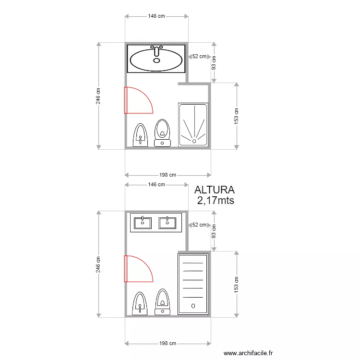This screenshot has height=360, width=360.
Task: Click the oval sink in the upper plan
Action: pyautogui.click(x=156, y=60)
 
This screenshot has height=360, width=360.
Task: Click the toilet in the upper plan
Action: pyautogui.click(x=162, y=133)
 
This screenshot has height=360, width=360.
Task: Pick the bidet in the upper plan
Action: pyautogui.click(x=140, y=135)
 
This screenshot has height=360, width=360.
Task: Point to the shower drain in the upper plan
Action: pyautogui.click(x=194, y=141)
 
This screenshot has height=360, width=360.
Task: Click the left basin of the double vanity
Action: pyautogui.click(x=143, y=223)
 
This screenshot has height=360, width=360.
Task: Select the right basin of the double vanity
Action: pyautogui.click(x=167, y=223)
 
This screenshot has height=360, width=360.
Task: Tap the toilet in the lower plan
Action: pyautogui.click(x=163, y=302)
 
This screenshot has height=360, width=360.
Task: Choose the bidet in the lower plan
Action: pyautogui.click(x=140, y=303)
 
